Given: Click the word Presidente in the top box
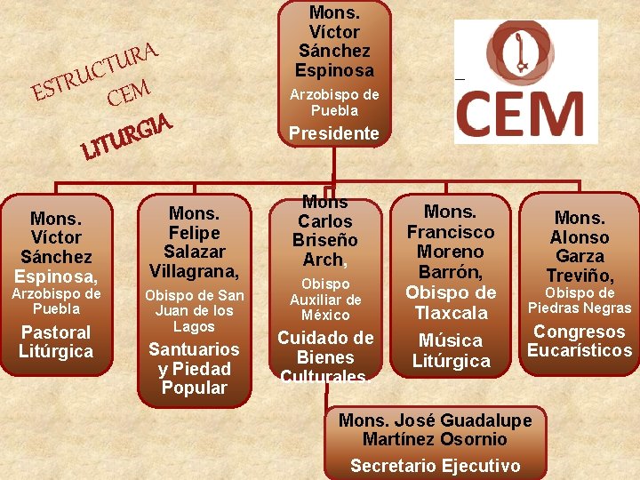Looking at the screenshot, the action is [x=334, y=134].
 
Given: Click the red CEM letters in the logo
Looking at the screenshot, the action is [x=521, y=114].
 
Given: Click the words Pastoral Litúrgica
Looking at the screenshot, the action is [x=56, y=342].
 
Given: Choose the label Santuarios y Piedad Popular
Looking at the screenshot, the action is [x=194, y=369].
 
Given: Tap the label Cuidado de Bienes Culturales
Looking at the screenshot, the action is [x=325, y=357].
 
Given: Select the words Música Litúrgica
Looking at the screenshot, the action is [x=451, y=350].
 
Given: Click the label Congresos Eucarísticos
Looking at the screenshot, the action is [x=580, y=341].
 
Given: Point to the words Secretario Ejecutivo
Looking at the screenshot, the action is [x=435, y=466].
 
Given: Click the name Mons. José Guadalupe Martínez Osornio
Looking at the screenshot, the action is [x=435, y=430].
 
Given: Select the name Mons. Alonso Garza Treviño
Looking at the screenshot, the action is [x=580, y=246].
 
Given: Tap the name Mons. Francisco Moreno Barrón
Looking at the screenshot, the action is [x=451, y=243].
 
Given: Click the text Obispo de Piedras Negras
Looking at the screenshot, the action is [x=580, y=301].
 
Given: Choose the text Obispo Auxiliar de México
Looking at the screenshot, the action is [x=325, y=300].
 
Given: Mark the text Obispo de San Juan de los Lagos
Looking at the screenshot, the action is [x=194, y=311].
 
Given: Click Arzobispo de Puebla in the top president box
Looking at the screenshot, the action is [x=334, y=102].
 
